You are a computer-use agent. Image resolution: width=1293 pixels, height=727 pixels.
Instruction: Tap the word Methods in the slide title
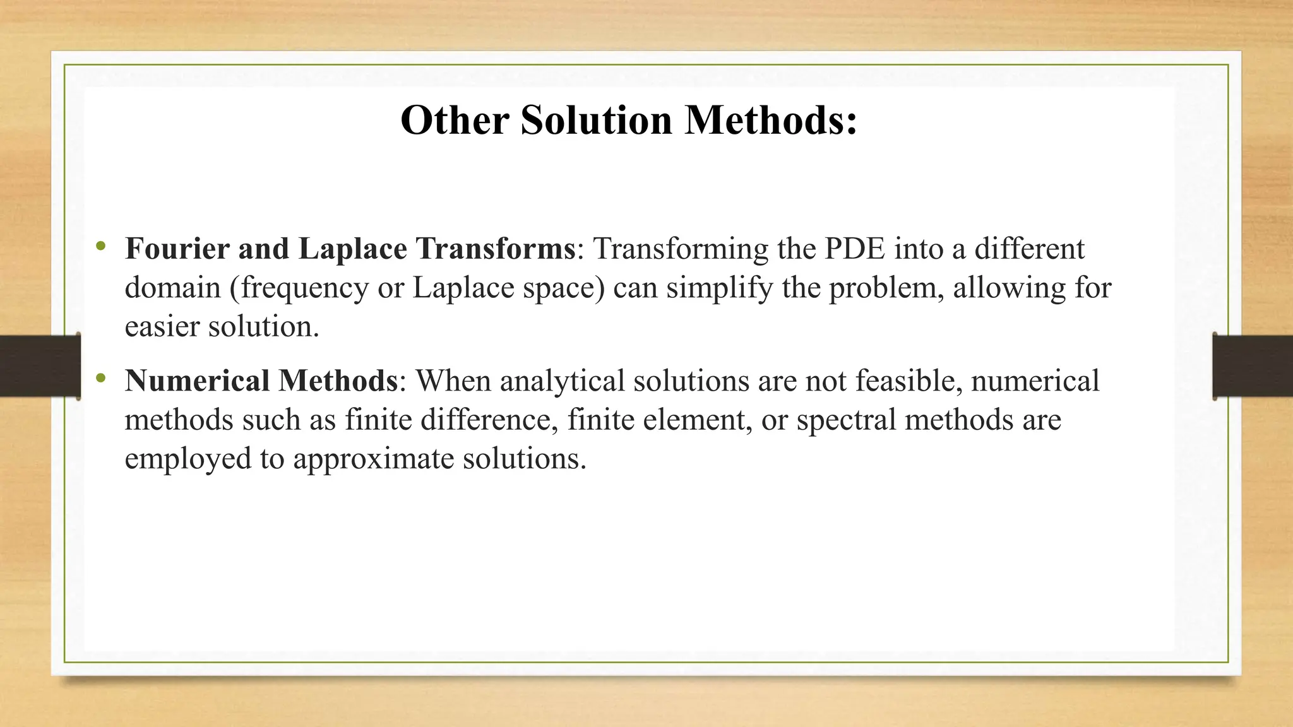[771, 120]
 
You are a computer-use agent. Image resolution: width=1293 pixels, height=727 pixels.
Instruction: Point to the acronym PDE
[855, 249]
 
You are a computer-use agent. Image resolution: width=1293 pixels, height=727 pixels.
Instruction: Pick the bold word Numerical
[198, 381]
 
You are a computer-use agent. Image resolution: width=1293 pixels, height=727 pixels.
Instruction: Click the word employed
[188, 459]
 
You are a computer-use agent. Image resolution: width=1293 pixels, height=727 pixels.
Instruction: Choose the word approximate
[373, 459]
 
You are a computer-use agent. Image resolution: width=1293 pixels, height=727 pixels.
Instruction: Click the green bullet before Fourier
[100, 246]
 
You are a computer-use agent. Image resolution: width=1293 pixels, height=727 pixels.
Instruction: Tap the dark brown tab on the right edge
[1253, 366]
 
